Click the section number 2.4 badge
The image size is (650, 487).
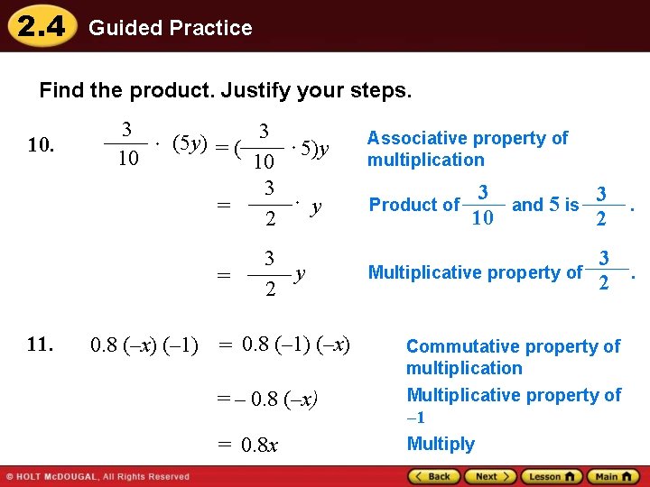pos(41,26)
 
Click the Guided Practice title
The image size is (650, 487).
pos(170,28)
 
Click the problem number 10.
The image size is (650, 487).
pos(41,145)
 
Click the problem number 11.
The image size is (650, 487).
pos(41,344)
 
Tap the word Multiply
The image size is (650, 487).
pos(440,444)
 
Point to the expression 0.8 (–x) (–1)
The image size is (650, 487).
pos(144,345)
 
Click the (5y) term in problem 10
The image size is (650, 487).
pos(190,143)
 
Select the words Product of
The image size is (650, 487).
pos(413,205)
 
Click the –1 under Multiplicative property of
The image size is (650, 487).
pos(415,418)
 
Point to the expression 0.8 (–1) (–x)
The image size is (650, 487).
pos(296,345)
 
